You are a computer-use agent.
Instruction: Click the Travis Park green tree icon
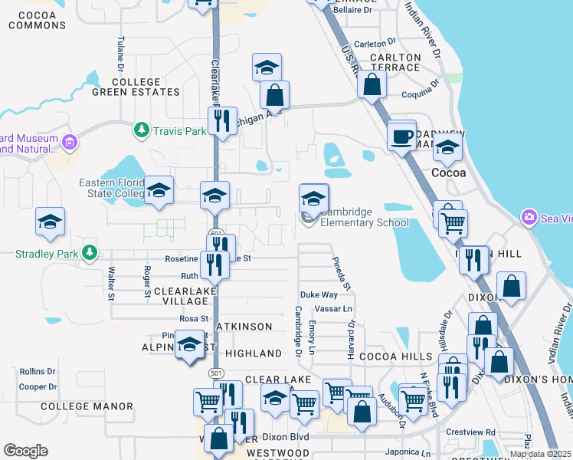[x=141, y=131]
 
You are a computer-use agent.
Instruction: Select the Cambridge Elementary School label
[x=364, y=218]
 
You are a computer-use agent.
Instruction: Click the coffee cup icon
[x=401, y=137]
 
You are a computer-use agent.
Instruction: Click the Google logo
[x=25, y=450]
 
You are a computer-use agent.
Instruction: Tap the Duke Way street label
[x=319, y=294]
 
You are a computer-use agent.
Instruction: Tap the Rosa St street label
[x=194, y=318]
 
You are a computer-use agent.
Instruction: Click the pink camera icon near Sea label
[x=529, y=219]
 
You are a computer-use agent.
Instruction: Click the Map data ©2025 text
[x=540, y=454]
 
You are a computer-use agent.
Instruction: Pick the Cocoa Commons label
[x=37, y=20]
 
